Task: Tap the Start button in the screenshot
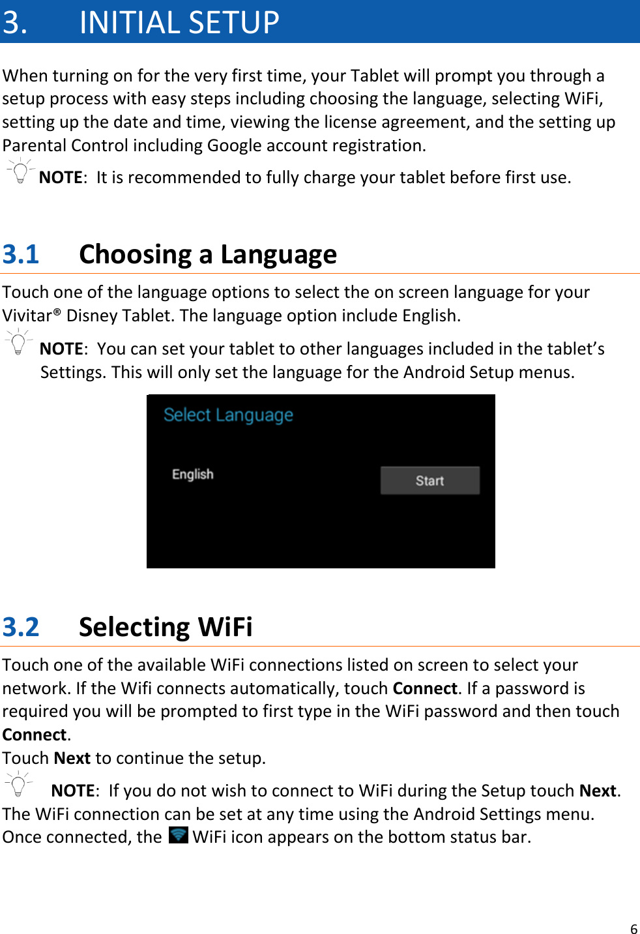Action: tap(429, 480)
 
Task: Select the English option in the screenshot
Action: tap(192, 474)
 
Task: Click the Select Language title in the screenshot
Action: tap(228, 415)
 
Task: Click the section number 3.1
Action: tap(21, 254)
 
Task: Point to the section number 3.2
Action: tap(21, 627)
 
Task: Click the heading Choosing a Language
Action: tap(208, 254)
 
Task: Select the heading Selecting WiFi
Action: tap(166, 627)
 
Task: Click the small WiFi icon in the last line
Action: tap(178, 835)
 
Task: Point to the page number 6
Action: tap(633, 929)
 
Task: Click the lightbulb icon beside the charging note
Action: tap(20, 171)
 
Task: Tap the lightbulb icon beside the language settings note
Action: tap(19, 342)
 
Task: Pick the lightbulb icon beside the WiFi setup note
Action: tap(19, 784)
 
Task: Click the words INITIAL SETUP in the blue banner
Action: tap(179, 22)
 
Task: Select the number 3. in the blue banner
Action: tap(15, 22)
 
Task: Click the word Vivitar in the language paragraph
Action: tap(27, 315)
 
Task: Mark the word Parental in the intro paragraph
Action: tap(35, 145)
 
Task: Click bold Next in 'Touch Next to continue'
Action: tap(72, 758)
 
